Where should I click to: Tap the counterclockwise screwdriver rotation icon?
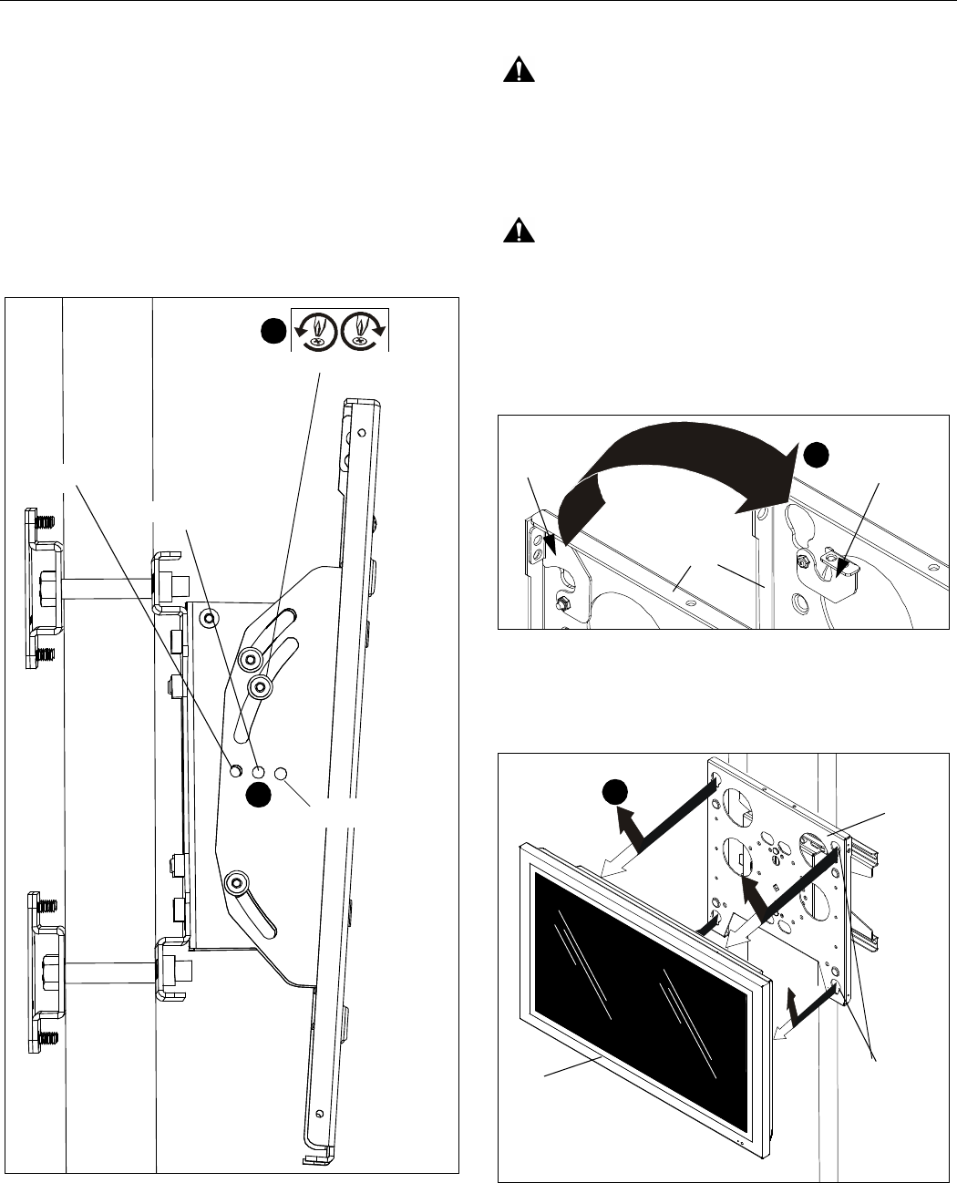tap(314, 329)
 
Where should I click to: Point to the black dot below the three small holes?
tap(259, 795)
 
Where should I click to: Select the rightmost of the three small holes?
tap(281, 774)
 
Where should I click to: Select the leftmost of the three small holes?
tap(236, 771)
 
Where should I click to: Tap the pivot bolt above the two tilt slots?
tap(211, 618)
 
